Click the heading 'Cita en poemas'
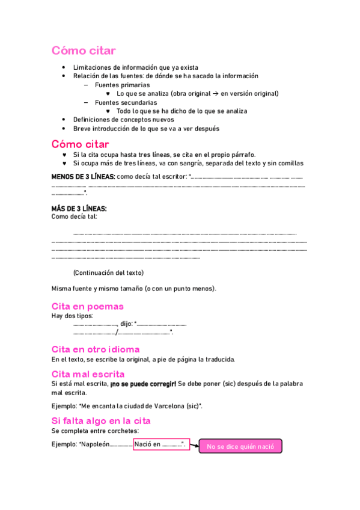point(88,306)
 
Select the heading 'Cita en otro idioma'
point(96,349)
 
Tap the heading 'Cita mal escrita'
point(88,373)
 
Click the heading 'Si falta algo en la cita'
point(101,420)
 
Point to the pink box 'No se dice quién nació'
point(240,446)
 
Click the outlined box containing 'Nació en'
point(162,444)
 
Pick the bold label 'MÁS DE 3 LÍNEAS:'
point(79,208)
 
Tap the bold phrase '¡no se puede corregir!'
point(143,383)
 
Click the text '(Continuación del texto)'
point(108,272)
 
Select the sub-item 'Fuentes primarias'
point(123,85)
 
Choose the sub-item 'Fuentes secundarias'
point(126,102)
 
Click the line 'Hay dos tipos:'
point(73,316)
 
